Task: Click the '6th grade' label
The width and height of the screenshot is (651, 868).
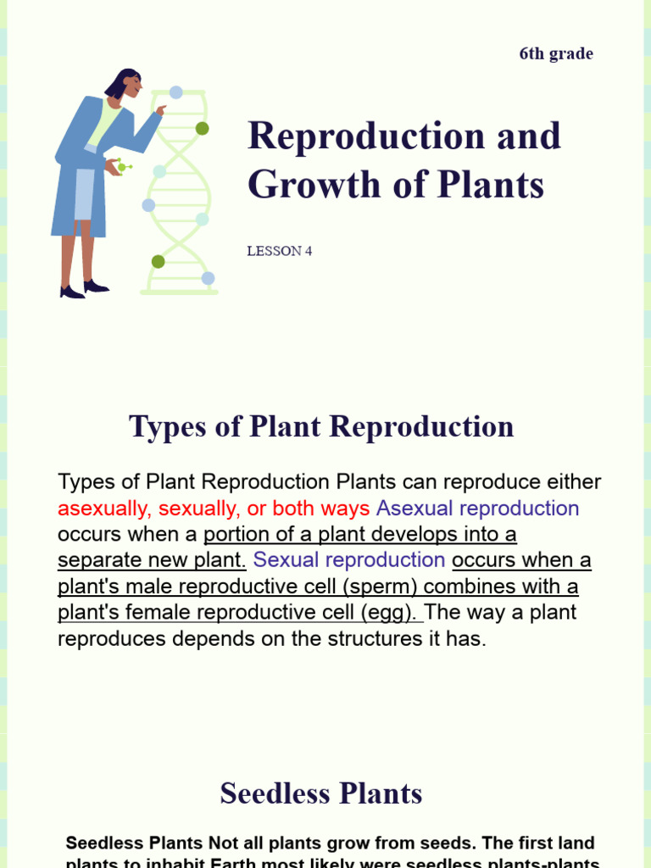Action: point(556,54)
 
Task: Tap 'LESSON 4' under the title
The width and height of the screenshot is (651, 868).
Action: point(280,251)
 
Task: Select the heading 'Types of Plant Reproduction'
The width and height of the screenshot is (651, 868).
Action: point(321,426)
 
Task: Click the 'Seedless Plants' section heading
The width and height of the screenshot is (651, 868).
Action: point(321,793)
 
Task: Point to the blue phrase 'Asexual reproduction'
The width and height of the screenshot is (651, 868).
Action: point(478,509)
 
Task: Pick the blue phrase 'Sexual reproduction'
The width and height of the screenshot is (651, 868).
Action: point(349,560)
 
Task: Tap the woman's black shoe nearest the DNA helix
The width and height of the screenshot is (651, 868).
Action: point(96,287)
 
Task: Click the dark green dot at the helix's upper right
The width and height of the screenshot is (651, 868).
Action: point(202,129)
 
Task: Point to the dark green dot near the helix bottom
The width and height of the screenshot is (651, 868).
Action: point(158,261)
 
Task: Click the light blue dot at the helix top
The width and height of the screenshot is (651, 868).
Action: point(175,92)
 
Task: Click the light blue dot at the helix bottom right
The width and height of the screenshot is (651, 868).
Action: point(208,278)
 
